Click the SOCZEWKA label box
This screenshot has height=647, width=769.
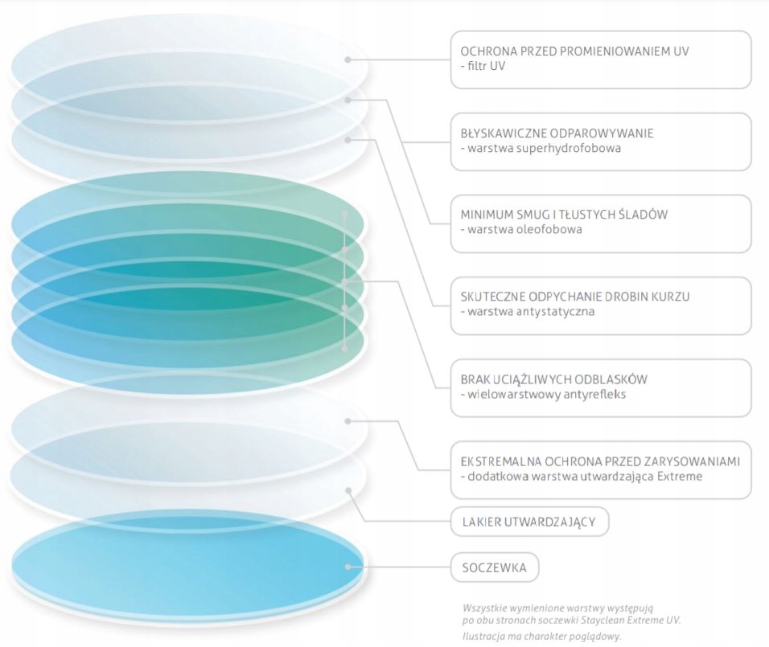pyautogui.click(x=494, y=567)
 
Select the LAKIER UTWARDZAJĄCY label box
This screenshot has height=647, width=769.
pyautogui.click(x=528, y=522)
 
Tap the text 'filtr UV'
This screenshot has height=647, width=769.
pyautogui.click(x=483, y=66)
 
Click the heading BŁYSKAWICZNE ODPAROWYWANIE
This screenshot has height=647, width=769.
pyautogui.click(x=557, y=133)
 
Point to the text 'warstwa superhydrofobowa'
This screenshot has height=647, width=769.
pyautogui.click(x=541, y=148)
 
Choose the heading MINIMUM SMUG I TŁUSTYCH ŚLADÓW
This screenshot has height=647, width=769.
pyautogui.click(x=564, y=215)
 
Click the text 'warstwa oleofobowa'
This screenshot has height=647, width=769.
pyautogui.click(x=520, y=229)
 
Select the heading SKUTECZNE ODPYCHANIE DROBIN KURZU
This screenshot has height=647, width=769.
pyautogui.click(x=574, y=297)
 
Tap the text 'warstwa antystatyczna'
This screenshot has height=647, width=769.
pyautogui.click(x=528, y=311)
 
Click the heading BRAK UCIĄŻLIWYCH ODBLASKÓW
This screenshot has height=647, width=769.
pyautogui.click(x=553, y=379)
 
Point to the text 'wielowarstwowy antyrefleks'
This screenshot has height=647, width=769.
pyautogui.click(x=543, y=394)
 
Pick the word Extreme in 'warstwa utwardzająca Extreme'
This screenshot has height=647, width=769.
pyautogui.click(x=679, y=476)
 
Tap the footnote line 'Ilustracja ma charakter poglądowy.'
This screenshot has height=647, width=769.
pyautogui.click(x=541, y=636)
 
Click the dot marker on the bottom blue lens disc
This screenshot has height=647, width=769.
pyautogui.click(x=348, y=567)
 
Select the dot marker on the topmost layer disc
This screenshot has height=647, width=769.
pyautogui.click(x=347, y=59)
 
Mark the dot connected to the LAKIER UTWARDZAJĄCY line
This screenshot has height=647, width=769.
pyautogui.click(x=348, y=489)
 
